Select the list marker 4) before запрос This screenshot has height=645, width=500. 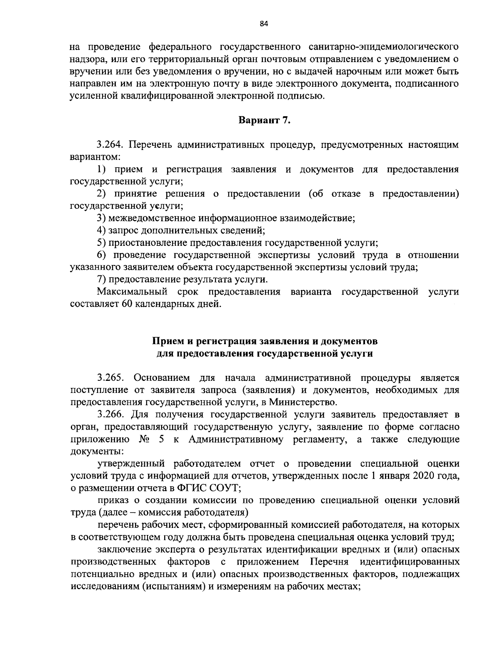point(101,230)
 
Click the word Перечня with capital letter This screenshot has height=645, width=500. point(327,561)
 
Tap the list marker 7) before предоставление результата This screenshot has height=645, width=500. point(101,279)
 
